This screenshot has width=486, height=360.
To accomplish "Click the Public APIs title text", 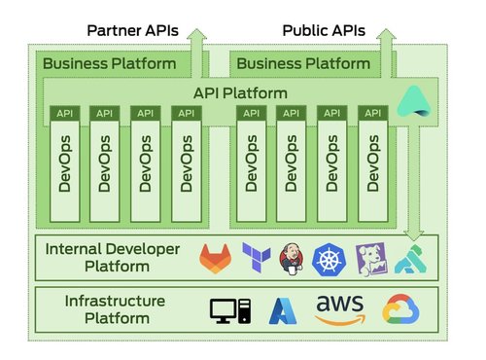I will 324,29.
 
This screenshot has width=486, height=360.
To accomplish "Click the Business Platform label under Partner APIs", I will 111,64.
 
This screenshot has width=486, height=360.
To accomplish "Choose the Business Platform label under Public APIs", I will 303,64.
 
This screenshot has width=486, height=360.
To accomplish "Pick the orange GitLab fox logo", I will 217,258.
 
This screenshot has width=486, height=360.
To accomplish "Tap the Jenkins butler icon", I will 292,258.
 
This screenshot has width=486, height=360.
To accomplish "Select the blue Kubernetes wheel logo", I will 330,258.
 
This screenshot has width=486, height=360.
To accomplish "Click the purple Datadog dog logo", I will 369,258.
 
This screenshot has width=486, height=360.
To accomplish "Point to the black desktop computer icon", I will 230,310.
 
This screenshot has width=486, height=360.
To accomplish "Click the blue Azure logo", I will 282,310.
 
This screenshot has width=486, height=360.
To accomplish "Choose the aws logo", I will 339,309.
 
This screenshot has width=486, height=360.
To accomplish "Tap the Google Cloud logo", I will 400,309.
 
